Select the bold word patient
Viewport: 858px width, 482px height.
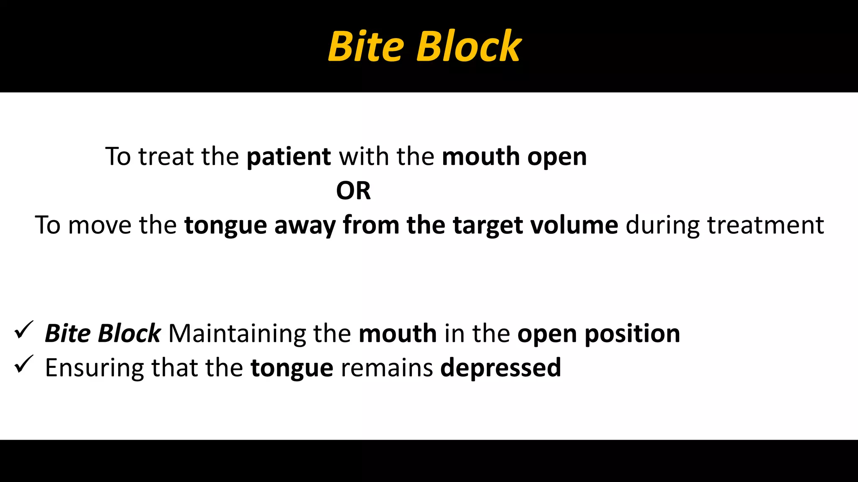pos(289,157)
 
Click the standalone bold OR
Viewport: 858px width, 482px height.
pos(353,191)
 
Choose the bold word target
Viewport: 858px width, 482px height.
pos(488,226)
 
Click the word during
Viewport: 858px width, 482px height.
pos(662,225)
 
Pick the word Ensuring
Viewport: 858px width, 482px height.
pos(94,368)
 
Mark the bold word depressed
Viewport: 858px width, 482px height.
pos(501,368)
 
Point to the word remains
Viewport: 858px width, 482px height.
pos(387,368)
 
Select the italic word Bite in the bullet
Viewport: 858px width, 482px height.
pos(67,334)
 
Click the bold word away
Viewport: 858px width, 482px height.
pos(305,226)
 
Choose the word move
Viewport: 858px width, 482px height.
pos(99,225)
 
